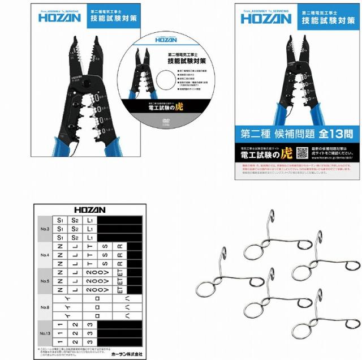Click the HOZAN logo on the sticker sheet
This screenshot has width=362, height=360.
89,209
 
